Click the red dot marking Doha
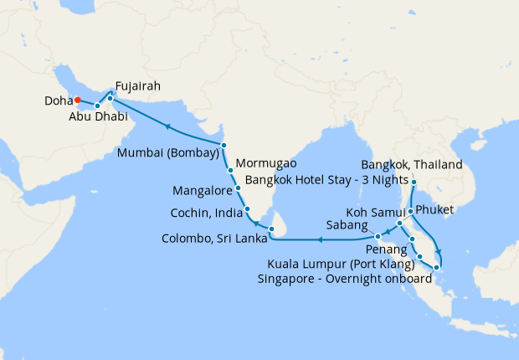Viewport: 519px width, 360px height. point(77,100)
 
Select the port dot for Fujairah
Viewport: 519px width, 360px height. point(110,98)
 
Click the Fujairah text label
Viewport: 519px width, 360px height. point(138,85)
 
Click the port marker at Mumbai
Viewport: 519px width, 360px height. point(224,146)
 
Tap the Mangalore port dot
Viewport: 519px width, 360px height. point(239,188)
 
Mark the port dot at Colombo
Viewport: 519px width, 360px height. point(271,228)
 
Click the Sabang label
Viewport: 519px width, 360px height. point(344,226)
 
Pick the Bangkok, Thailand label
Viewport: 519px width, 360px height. point(411,165)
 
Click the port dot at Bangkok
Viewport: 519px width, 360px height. point(414,180)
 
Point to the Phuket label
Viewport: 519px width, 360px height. point(434,211)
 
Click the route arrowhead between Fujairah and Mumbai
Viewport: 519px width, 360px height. point(167,126)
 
